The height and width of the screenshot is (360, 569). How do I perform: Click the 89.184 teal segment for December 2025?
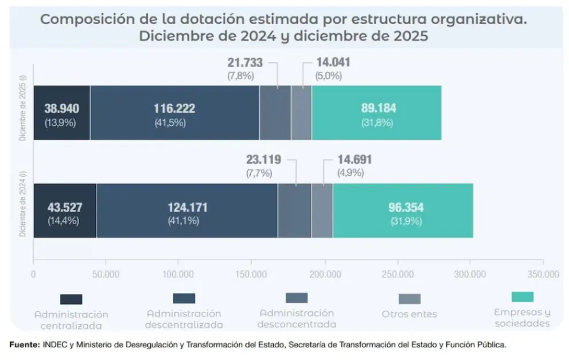(376, 112)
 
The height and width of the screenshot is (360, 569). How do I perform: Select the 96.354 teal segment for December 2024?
(403, 210)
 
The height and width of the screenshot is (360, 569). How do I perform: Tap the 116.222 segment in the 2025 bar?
(174, 112)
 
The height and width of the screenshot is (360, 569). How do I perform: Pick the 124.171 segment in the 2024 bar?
(187, 210)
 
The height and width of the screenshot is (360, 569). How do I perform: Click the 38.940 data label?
(61, 108)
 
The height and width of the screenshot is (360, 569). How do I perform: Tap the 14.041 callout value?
(333, 62)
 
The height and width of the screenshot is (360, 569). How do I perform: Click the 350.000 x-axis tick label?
(543, 274)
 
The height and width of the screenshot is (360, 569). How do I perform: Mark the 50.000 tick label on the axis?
(106, 274)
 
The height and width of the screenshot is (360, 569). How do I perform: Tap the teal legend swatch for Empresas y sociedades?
(522, 297)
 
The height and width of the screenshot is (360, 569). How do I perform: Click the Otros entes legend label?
(409, 314)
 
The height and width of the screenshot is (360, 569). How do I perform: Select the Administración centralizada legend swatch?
(71, 299)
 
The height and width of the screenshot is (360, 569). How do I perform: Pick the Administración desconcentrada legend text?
(297, 319)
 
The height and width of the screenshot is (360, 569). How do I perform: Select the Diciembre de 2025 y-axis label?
(22, 108)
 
